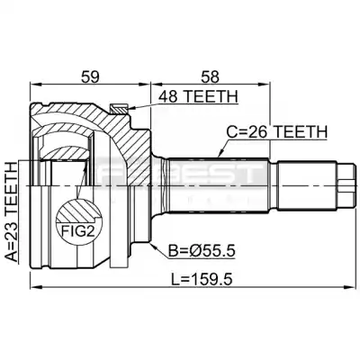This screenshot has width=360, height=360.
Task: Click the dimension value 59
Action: (90, 76)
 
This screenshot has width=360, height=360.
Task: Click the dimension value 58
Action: (210, 76)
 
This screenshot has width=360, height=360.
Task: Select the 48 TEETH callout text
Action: (198, 96)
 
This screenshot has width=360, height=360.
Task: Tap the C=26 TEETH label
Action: (276, 132)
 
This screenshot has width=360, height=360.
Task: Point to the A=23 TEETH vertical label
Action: (11, 212)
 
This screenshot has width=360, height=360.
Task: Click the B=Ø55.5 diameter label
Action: (202, 250)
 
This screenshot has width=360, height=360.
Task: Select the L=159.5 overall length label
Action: (202, 280)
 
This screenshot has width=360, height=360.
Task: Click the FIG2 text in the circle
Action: (77, 231)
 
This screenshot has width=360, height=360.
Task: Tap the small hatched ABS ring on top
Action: (120, 108)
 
